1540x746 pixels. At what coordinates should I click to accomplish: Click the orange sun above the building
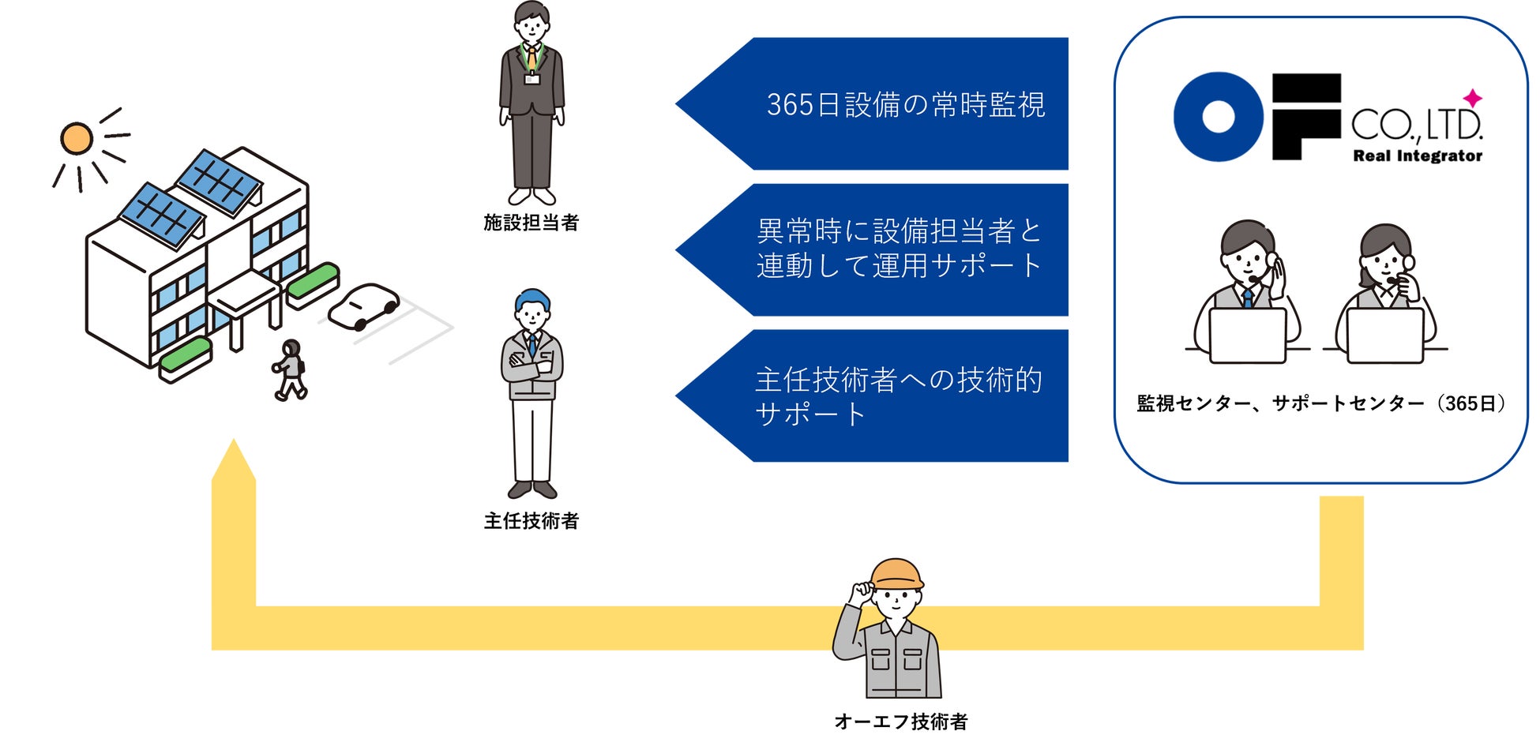click(x=77, y=139)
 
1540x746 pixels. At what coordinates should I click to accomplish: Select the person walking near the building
click(x=290, y=369)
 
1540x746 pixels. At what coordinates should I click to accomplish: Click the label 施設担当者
click(x=531, y=223)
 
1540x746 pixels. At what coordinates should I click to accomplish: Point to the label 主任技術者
click(x=531, y=521)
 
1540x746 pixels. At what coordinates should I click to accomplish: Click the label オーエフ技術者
click(x=900, y=722)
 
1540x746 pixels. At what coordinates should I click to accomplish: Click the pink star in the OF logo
click(x=1472, y=99)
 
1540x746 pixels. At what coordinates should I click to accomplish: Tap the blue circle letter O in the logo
click(x=1218, y=117)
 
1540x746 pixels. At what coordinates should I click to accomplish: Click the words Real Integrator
click(x=1418, y=156)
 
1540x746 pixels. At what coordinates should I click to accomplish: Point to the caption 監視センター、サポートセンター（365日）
click(x=1320, y=404)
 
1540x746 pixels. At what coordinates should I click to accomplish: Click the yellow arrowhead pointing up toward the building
click(x=234, y=461)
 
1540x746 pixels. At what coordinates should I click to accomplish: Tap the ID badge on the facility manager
click(x=532, y=78)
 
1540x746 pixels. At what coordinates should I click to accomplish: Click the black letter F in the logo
click(x=1305, y=117)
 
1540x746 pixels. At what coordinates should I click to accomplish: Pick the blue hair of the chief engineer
click(x=532, y=299)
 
